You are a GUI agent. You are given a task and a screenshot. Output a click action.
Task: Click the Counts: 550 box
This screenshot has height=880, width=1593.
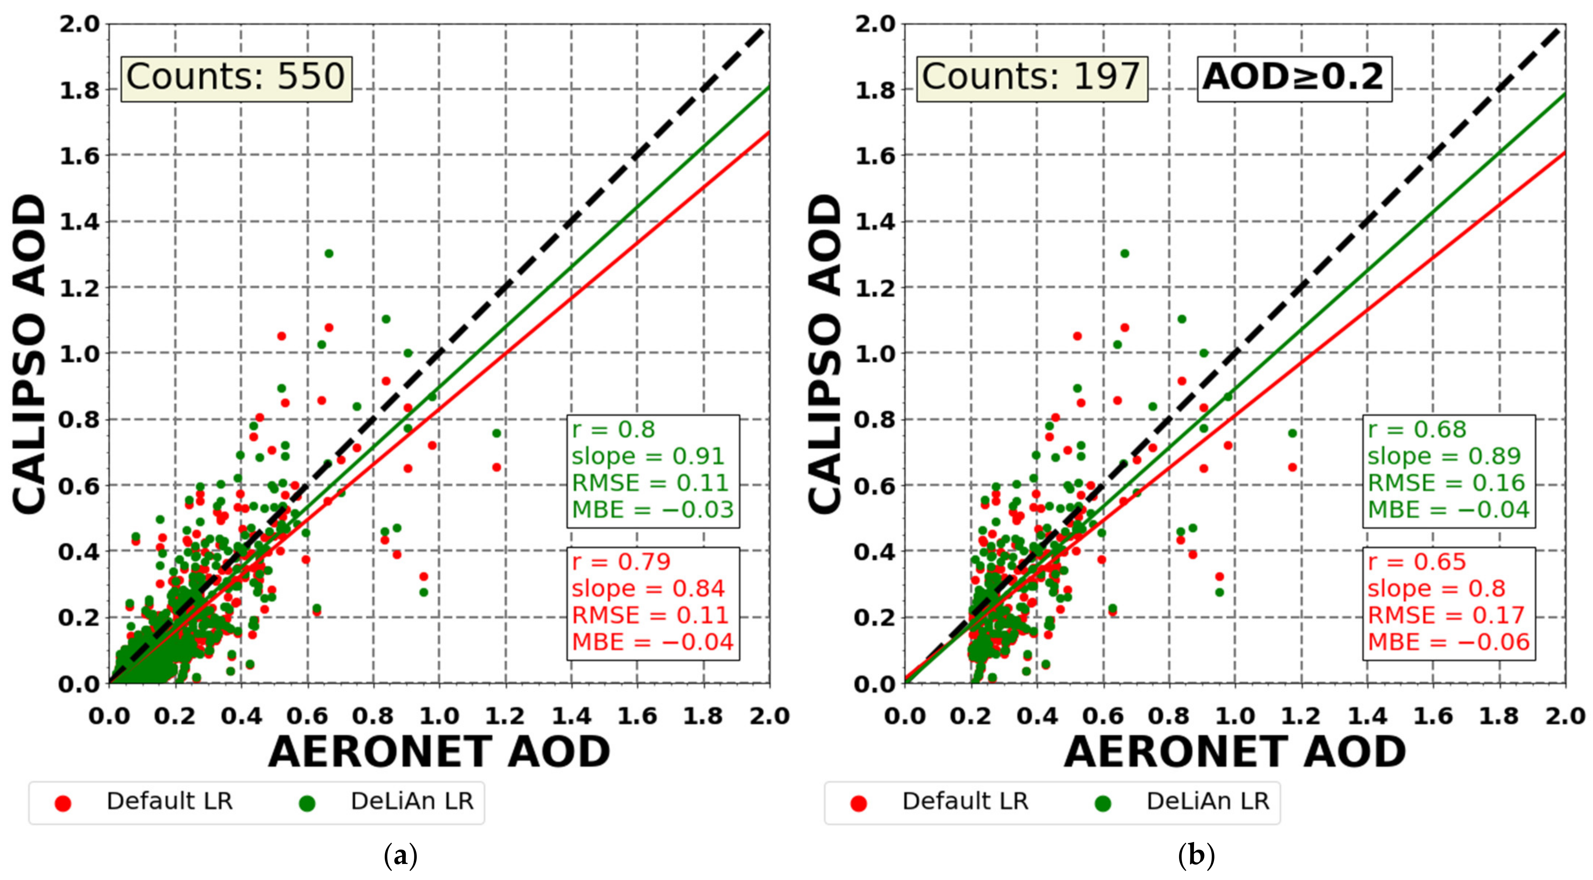tap(235, 78)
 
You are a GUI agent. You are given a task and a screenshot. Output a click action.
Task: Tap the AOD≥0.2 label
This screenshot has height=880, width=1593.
tap(1294, 78)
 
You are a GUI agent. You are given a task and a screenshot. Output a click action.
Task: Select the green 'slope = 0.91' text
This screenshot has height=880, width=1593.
tap(648, 456)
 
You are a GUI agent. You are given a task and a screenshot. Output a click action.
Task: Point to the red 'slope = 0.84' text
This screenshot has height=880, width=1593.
tap(648, 588)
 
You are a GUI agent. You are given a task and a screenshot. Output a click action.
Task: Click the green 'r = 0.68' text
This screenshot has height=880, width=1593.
tap(1416, 429)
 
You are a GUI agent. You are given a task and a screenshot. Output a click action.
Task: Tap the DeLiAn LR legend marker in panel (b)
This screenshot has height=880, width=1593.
tap(1103, 803)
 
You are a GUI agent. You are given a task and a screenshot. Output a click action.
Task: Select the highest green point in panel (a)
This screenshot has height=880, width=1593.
tap(329, 253)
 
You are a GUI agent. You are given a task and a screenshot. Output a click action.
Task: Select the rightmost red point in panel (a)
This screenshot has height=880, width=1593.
tap(496, 467)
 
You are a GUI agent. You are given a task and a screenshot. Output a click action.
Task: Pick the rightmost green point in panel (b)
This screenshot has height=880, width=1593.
tap(1292, 433)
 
